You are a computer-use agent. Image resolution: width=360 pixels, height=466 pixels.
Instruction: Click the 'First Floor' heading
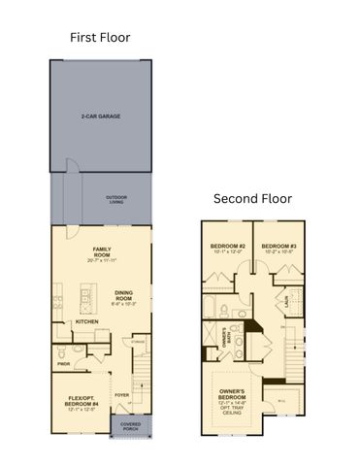(100, 38)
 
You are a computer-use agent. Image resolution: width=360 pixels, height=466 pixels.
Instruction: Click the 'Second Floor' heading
(252, 198)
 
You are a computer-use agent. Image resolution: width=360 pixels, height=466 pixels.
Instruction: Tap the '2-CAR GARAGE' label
(102, 116)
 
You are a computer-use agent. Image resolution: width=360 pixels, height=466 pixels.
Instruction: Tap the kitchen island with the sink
(89, 292)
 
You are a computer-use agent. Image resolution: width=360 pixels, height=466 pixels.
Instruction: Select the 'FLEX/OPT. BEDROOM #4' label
(82, 400)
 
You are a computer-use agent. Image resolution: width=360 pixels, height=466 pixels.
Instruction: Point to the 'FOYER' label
(122, 395)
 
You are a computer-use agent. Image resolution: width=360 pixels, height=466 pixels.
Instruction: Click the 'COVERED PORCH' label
(130, 426)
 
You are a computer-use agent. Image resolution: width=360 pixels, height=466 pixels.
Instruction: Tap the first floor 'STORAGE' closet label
(139, 341)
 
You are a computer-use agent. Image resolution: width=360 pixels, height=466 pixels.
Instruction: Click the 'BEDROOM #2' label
(228, 247)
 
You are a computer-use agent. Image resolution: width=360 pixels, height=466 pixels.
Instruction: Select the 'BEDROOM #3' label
(278, 247)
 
